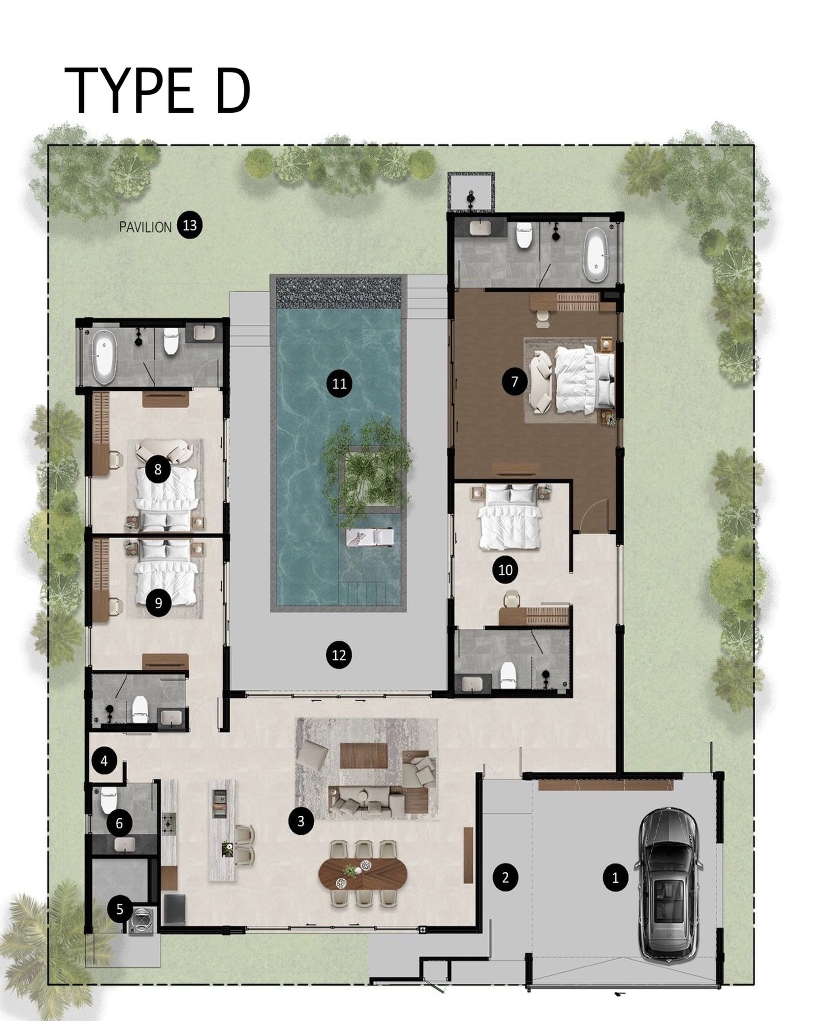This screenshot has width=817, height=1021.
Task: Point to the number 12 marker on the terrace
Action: pos(339,655)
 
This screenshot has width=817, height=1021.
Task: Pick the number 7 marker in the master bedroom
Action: pos(515,381)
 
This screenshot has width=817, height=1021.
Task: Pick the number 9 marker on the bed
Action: pos(158,603)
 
